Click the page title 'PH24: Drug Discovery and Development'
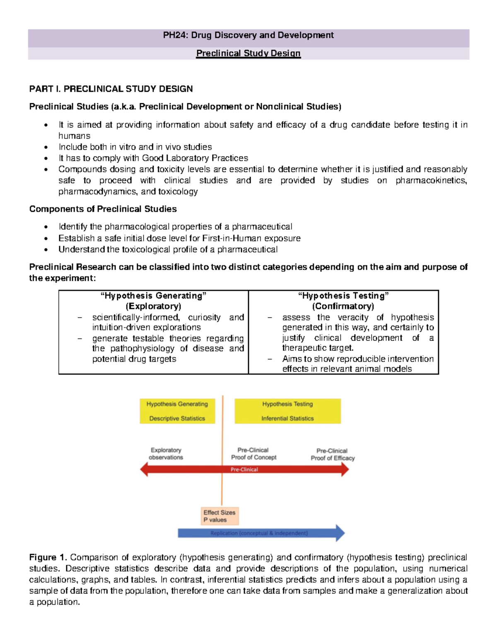[x=248, y=35]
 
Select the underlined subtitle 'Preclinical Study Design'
[x=248, y=53]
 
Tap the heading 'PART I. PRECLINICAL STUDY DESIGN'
[x=111, y=89]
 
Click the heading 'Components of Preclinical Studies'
[x=103, y=209]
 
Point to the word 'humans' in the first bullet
[x=74, y=136]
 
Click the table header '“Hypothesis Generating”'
[x=153, y=296]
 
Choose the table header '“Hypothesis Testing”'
[x=343, y=296]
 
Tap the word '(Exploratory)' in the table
[x=153, y=306]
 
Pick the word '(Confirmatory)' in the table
[x=343, y=306]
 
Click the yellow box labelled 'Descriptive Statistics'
[x=177, y=411]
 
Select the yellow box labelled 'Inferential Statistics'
[x=287, y=411]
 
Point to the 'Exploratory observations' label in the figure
[x=166, y=454]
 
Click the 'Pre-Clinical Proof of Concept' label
[x=253, y=454]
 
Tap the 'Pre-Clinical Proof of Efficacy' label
[x=333, y=454]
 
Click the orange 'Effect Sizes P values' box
[x=220, y=516]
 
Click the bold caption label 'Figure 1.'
[x=48, y=557]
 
